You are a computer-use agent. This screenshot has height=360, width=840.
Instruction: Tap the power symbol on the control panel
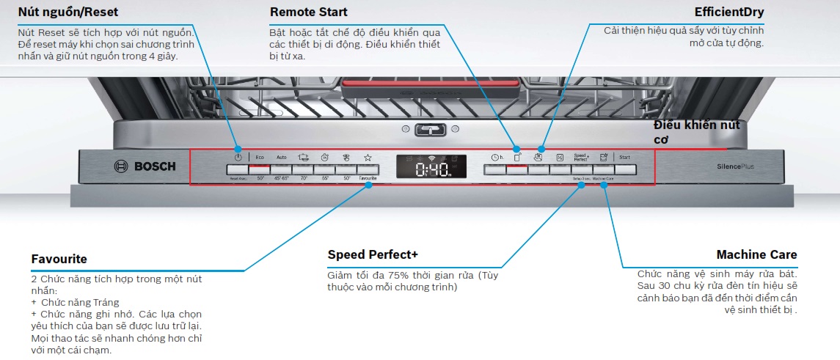pos(238,157)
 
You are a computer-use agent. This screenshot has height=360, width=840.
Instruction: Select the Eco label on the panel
pos(260,157)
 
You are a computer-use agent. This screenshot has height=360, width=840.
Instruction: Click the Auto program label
pos(282,157)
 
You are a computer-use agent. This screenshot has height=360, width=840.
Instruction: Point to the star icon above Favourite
pos(368,157)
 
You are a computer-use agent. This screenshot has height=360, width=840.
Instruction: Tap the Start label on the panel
pos(624,157)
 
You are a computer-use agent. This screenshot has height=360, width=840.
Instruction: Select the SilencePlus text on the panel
pos(735,166)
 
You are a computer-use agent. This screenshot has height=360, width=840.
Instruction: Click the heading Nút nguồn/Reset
pos(68,12)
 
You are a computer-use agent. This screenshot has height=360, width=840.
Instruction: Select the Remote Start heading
pos(309,12)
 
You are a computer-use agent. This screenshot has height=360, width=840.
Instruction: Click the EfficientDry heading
pos(729,12)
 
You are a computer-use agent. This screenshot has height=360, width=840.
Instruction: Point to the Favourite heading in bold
pos(59,259)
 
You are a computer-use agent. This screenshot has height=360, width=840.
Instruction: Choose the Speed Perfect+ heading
pos(373,254)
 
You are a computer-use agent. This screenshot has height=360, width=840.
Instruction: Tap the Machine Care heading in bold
pos(756,254)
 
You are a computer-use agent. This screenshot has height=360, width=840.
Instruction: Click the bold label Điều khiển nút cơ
pos(696,131)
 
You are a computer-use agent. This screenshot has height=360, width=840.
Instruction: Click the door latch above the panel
pos(431,130)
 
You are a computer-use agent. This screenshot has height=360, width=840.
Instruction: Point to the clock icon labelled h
pos(497,157)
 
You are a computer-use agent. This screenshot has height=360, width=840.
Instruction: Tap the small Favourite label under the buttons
pos(368,178)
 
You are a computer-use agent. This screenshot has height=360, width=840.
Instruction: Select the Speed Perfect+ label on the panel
pos(581,157)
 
